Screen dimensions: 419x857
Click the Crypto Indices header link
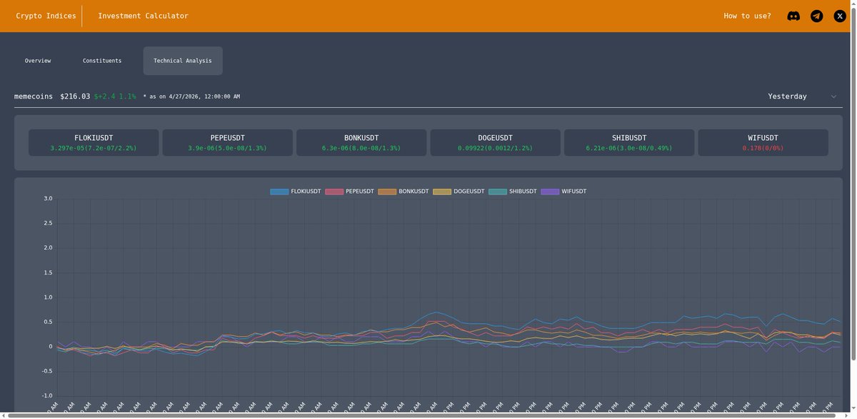46,16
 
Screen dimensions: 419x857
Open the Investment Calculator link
143,16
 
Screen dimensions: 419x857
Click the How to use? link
747,16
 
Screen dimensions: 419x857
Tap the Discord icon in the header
793,16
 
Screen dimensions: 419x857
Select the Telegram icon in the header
816,16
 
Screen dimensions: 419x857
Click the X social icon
840,16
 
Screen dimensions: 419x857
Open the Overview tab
38,61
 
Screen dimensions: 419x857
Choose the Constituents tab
102,61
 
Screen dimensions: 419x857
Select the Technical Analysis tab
183,61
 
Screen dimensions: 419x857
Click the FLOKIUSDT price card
94,142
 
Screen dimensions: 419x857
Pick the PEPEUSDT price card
228,142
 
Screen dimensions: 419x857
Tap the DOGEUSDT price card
495,142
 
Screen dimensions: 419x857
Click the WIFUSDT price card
763,142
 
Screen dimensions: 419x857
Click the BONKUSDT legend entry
404,192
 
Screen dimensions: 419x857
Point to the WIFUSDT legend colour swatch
550,192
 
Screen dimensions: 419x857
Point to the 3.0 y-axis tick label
48,198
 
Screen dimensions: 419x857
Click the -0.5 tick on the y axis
46,371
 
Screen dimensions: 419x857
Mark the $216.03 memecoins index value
75,97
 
